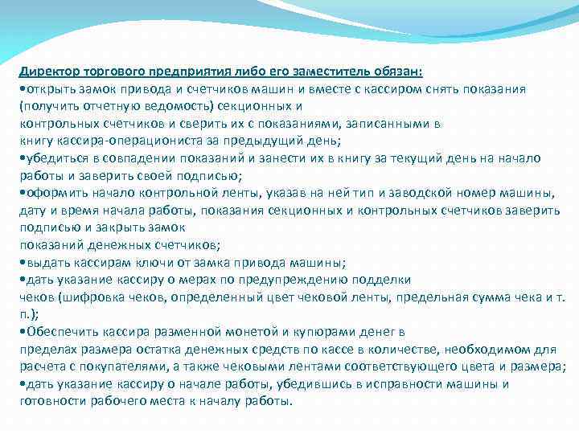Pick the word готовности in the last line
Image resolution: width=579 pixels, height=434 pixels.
52,401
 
